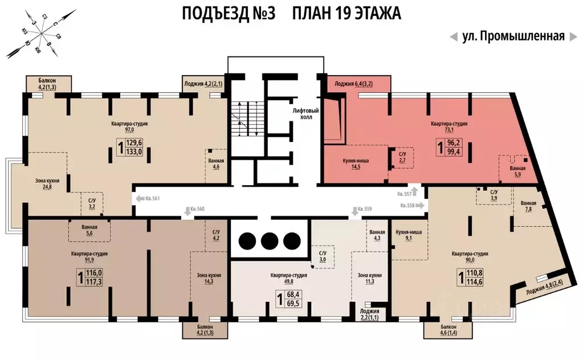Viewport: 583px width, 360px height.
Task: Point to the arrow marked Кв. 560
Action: [187, 211]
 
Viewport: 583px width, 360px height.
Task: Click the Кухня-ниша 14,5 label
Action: [356, 164]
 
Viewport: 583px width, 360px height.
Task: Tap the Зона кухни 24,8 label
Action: [47, 183]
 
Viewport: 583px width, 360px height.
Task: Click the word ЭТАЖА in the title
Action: [373, 13]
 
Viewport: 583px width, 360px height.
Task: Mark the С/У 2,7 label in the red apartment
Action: [402, 158]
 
